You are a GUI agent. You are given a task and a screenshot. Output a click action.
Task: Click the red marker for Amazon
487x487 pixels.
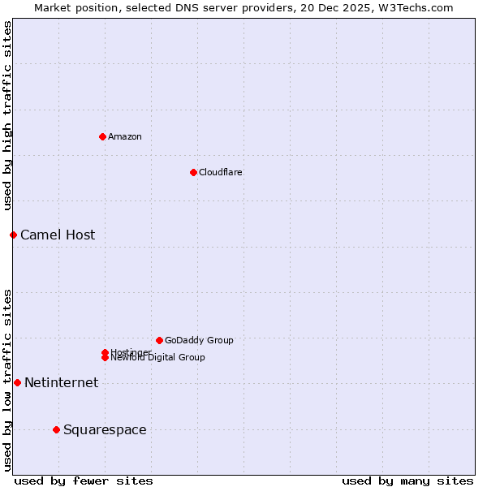pos(102,136)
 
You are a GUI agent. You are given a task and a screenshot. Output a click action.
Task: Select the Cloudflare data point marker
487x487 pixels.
pos(193,172)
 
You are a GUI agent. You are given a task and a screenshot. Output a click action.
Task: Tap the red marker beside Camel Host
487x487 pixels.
pos(13,235)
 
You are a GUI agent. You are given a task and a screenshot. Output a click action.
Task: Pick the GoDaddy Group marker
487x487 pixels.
pos(159,340)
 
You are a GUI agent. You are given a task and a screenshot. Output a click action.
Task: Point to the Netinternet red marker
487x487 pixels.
pos(17,382)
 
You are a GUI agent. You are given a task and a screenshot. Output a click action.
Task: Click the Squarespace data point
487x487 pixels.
pos(56,429)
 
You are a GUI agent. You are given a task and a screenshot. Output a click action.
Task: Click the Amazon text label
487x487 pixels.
pos(124,136)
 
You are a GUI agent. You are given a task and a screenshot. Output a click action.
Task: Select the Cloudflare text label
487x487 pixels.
pos(220,172)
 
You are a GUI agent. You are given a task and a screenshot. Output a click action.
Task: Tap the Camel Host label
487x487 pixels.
pos(58,235)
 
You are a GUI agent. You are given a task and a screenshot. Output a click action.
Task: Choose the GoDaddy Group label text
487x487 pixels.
pos(199,340)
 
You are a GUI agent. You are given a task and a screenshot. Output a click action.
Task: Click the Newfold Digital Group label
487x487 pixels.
pos(157,358)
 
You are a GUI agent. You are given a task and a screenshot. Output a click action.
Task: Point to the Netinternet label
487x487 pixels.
pos(61,383)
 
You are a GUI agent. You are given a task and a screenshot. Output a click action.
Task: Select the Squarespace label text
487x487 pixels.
pos(105,430)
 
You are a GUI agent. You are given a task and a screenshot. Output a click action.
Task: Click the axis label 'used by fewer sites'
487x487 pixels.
pos(84,481)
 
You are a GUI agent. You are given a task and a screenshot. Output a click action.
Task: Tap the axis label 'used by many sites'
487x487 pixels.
pos(407,481)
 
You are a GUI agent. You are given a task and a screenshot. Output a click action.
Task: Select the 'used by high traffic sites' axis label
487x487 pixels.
pos(7,116)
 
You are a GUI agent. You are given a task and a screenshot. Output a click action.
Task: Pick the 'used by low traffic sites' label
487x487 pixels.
pos(7,380)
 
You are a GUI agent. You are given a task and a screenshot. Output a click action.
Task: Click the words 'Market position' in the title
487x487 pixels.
pos(71,7)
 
